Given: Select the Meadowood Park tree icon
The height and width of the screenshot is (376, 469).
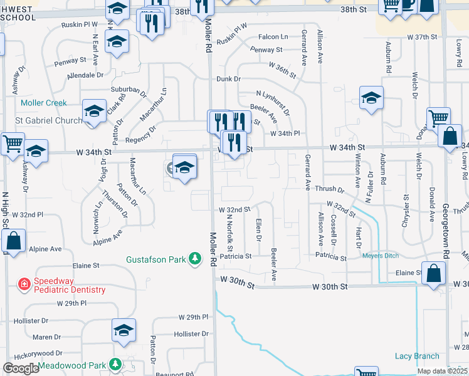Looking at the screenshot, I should (115, 364).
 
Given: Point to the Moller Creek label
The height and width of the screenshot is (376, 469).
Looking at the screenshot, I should (43, 103).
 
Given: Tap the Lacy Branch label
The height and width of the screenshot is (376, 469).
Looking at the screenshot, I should (417, 356).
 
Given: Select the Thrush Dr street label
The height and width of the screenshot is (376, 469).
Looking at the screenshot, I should (330, 189).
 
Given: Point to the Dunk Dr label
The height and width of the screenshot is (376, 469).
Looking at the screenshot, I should (229, 79).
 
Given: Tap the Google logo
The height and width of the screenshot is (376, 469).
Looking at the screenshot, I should (21, 368).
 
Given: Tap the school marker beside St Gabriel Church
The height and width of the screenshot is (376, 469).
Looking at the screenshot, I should (95, 113).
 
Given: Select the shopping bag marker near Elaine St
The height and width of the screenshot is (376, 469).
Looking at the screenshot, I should (433, 273).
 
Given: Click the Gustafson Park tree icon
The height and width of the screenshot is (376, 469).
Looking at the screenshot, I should (196, 258).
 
